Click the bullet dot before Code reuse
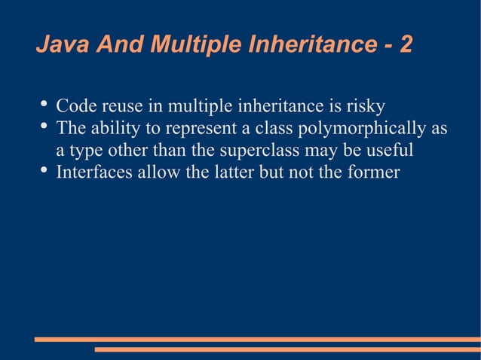tap(42, 104)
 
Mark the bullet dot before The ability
tap(42, 127)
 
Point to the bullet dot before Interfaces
tap(42, 171)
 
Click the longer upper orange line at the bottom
tap(257, 340)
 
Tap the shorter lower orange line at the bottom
tap(287, 349)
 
